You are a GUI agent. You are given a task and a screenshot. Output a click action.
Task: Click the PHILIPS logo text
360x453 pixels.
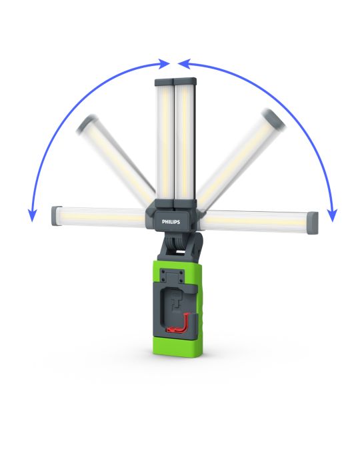tap(171, 222)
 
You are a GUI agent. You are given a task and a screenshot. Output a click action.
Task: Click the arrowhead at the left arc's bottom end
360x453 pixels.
tap(32, 215)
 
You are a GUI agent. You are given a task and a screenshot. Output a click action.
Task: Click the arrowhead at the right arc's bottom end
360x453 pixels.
tap(332, 215)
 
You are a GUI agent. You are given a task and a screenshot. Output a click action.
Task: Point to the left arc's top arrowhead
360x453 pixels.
tap(164, 63)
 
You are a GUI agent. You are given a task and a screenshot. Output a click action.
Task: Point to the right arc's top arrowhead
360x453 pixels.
tap(184, 64)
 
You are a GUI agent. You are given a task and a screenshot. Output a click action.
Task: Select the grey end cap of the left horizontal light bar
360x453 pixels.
tap(57, 216)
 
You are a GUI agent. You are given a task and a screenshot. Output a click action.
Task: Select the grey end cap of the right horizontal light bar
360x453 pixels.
tap(312, 223)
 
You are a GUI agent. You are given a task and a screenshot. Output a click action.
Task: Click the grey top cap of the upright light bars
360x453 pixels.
tap(175, 82)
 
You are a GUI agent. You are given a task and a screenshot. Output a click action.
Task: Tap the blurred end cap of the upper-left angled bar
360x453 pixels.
tap(87, 123)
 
